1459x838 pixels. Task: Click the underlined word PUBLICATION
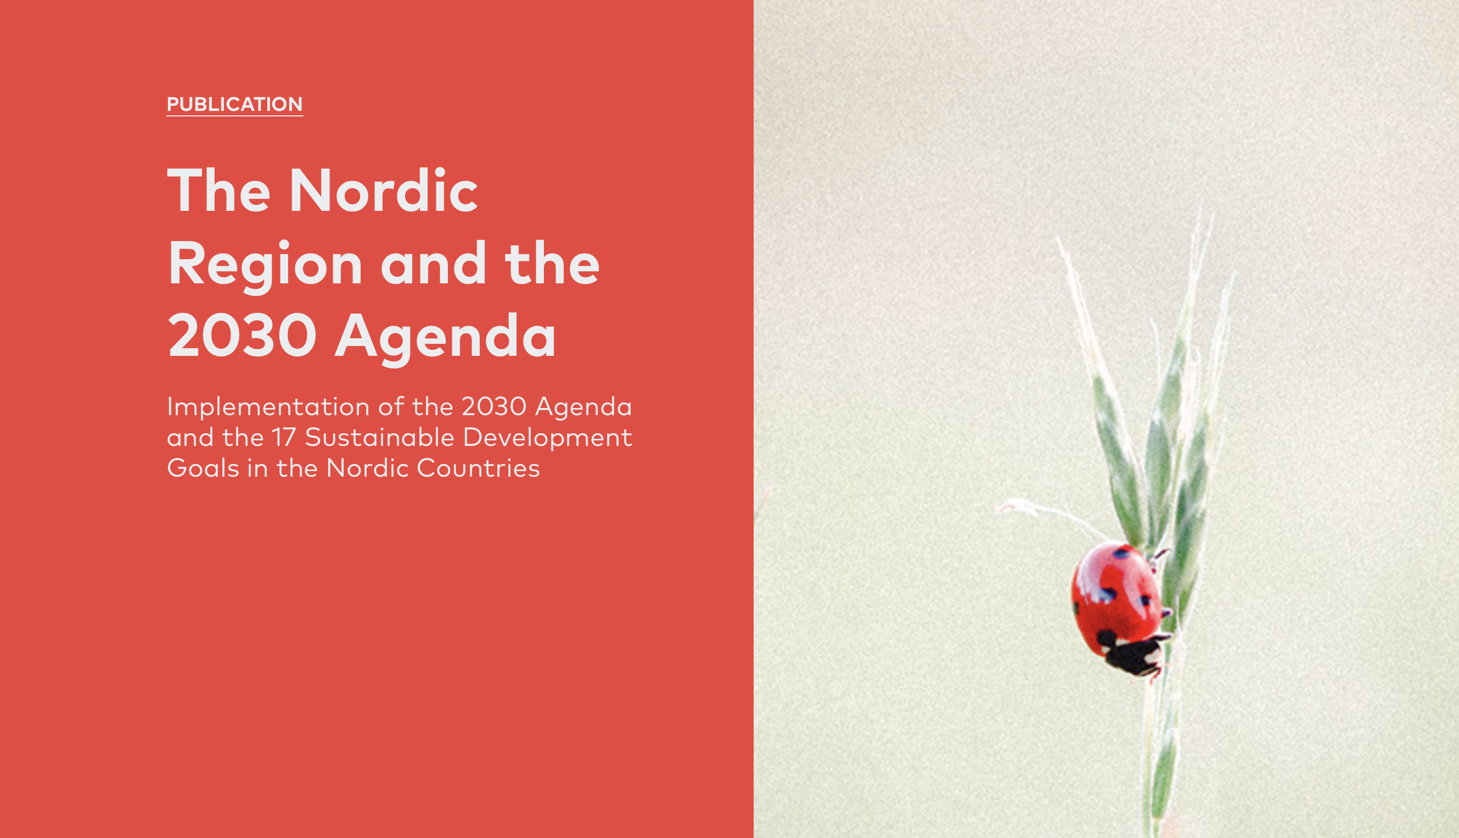(x=235, y=104)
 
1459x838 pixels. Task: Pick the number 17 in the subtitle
(x=284, y=438)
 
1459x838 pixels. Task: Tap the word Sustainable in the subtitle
(x=380, y=438)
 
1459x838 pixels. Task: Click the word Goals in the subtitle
(x=203, y=468)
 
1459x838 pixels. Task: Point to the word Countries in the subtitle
(x=479, y=468)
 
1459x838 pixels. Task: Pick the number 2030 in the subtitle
(x=494, y=407)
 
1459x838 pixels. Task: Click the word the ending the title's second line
(x=552, y=264)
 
